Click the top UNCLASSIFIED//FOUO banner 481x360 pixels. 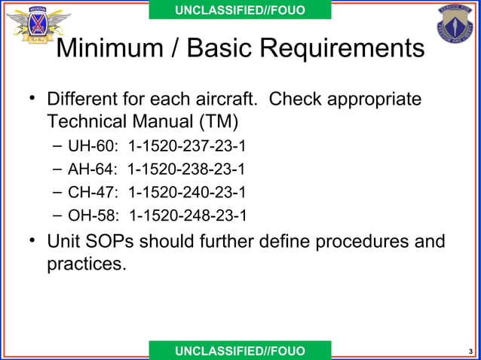[x=240, y=10]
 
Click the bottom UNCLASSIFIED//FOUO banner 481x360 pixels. [x=240, y=351]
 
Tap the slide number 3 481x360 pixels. [x=470, y=352]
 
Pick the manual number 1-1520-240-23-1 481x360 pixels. [x=188, y=193]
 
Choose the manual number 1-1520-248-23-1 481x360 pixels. [x=188, y=217]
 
